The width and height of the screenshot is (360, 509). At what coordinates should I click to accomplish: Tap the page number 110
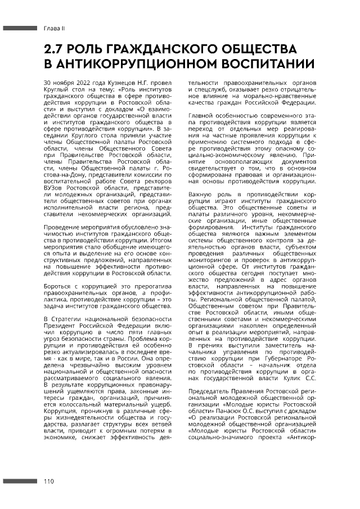coord(49,481)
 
